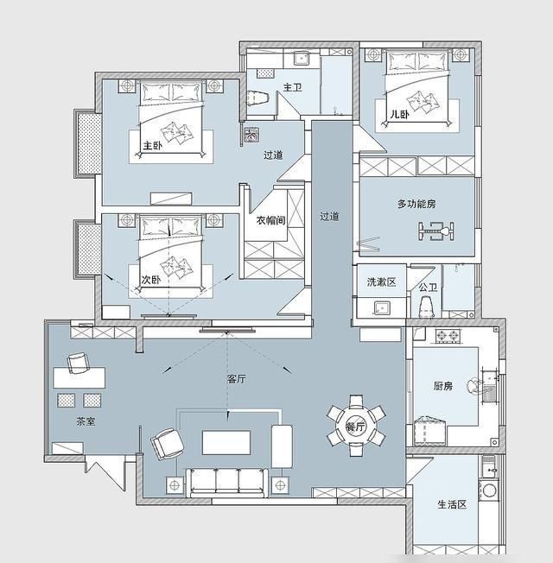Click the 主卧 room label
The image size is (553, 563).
coord(153,146)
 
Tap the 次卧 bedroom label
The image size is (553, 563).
coord(151,280)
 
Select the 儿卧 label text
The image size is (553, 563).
coord(400,115)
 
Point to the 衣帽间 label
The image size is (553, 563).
coord(271,220)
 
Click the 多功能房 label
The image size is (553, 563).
coord(416,204)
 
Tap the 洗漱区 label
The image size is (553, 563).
coord(381,281)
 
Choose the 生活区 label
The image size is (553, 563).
coord(452,504)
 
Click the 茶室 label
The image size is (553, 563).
coord(86,421)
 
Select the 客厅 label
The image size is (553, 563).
coord(237,379)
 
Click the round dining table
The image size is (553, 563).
coord(356,426)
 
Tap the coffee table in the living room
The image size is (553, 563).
coord(226,443)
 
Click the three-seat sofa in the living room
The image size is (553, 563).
coord(227,482)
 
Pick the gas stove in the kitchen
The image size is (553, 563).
coord(448,336)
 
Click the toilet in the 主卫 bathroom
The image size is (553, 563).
coord(258,98)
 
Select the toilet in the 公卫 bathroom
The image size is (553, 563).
coord(426,307)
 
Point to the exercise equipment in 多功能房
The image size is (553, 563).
coord(435,231)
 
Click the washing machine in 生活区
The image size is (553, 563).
coord(489,490)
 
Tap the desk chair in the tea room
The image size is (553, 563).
coord(78,363)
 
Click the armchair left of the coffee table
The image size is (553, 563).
coord(167,444)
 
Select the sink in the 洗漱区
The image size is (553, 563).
coord(381,308)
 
